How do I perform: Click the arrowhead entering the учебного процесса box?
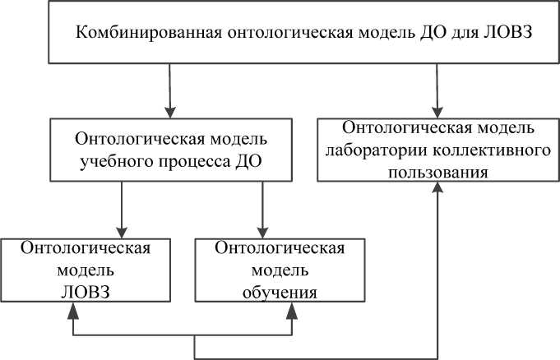[169, 111]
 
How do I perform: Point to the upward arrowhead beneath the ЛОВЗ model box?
[75, 316]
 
